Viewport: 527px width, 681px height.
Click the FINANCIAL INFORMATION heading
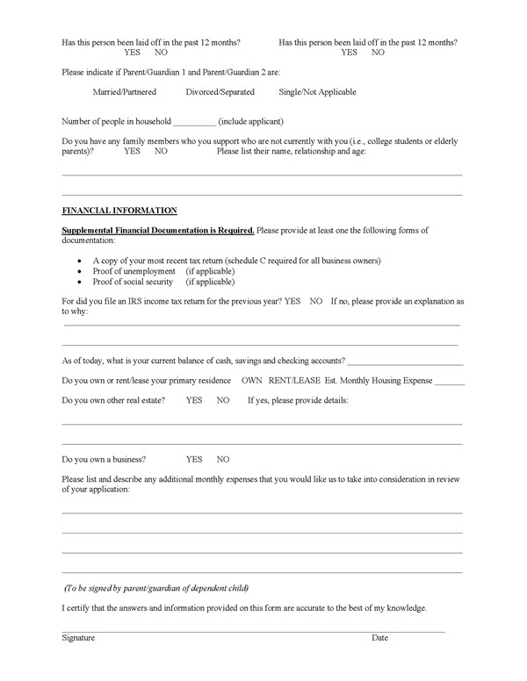click(x=119, y=211)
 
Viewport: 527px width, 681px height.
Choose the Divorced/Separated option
click(x=220, y=92)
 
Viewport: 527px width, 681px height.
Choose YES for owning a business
click(x=194, y=459)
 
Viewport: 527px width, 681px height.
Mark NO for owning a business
click(x=223, y=459)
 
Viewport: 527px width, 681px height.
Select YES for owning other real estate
click(x=194, y=400)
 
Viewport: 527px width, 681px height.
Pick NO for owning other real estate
click(x=223, y=400)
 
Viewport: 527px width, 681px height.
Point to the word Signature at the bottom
click(x=78, y=637)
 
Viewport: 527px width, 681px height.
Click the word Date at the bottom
click(x=379, y=637)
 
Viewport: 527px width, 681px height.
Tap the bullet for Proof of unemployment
click(x=80, y=272)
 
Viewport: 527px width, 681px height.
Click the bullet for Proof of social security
click(x=80, y=283)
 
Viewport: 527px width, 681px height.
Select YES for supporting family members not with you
click(x=133, y=151)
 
